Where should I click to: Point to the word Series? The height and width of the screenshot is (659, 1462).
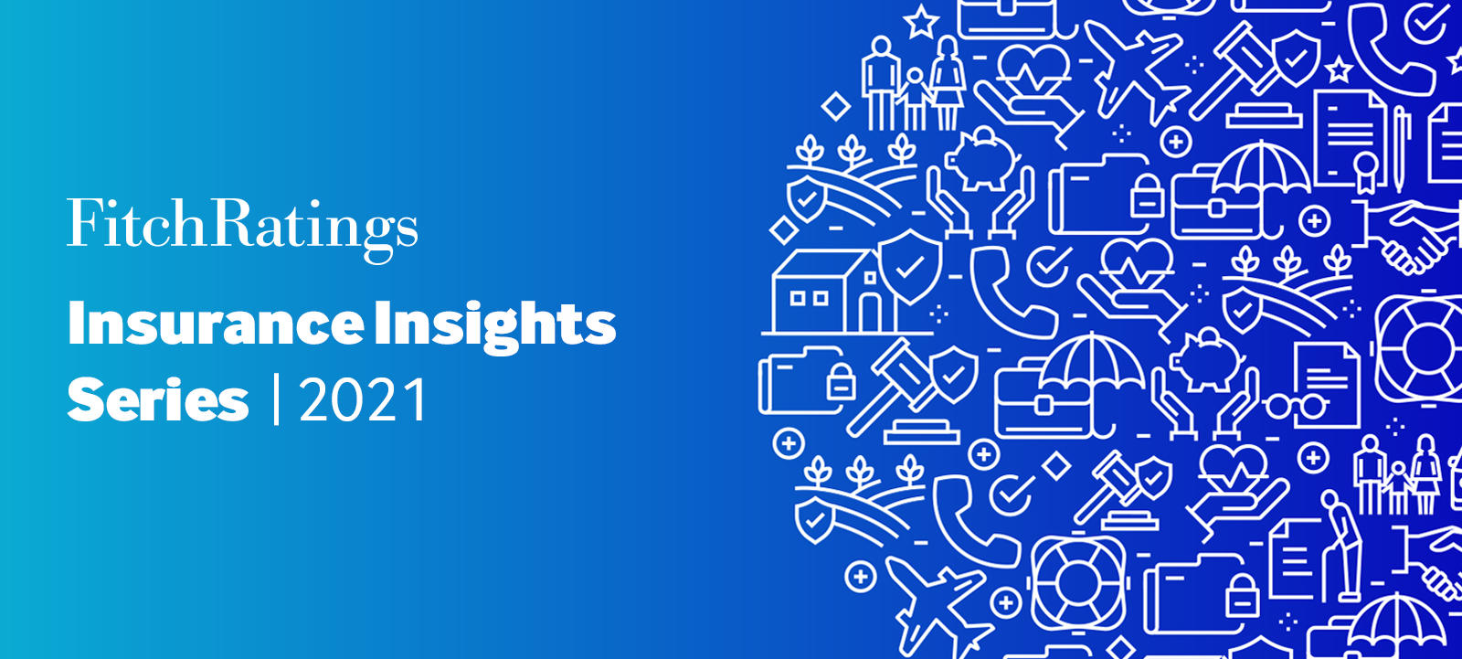tap(157, 400)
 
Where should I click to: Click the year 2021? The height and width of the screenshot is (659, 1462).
tap(363, 400)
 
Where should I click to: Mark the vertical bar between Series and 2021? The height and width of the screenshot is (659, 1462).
tap(276, 400)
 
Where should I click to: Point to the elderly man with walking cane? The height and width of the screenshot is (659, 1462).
tap(1336, 539)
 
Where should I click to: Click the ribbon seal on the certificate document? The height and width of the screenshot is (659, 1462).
tap(1365, 169)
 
